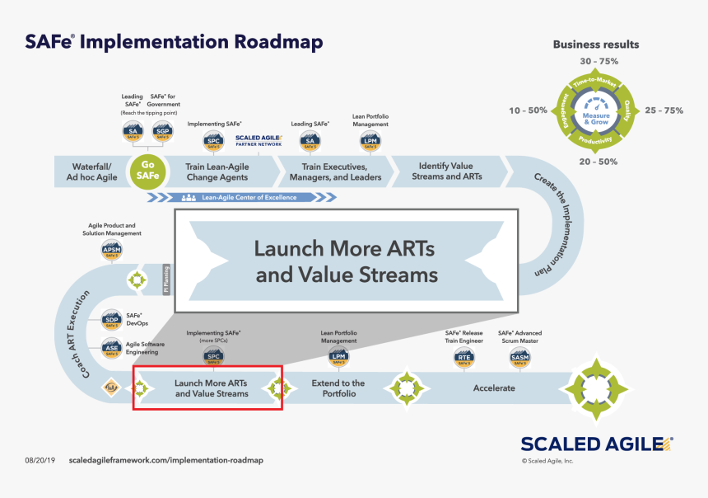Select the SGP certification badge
[163, 132]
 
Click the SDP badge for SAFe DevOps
[112, 322]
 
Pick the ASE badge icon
[112, 348]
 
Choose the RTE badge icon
[464, 357]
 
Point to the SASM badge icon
[519, 357]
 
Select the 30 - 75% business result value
[599, 62]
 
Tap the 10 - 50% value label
[528, 110]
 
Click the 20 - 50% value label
[598, 162]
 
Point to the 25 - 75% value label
[664, 110]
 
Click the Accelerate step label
[494, 388]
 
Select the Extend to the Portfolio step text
[338, 388]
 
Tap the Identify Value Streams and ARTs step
[450, 171]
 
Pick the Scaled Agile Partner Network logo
[259, 141]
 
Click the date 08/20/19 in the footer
[40, 460]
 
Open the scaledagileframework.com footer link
[166, 460]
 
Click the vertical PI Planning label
[166, 280]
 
